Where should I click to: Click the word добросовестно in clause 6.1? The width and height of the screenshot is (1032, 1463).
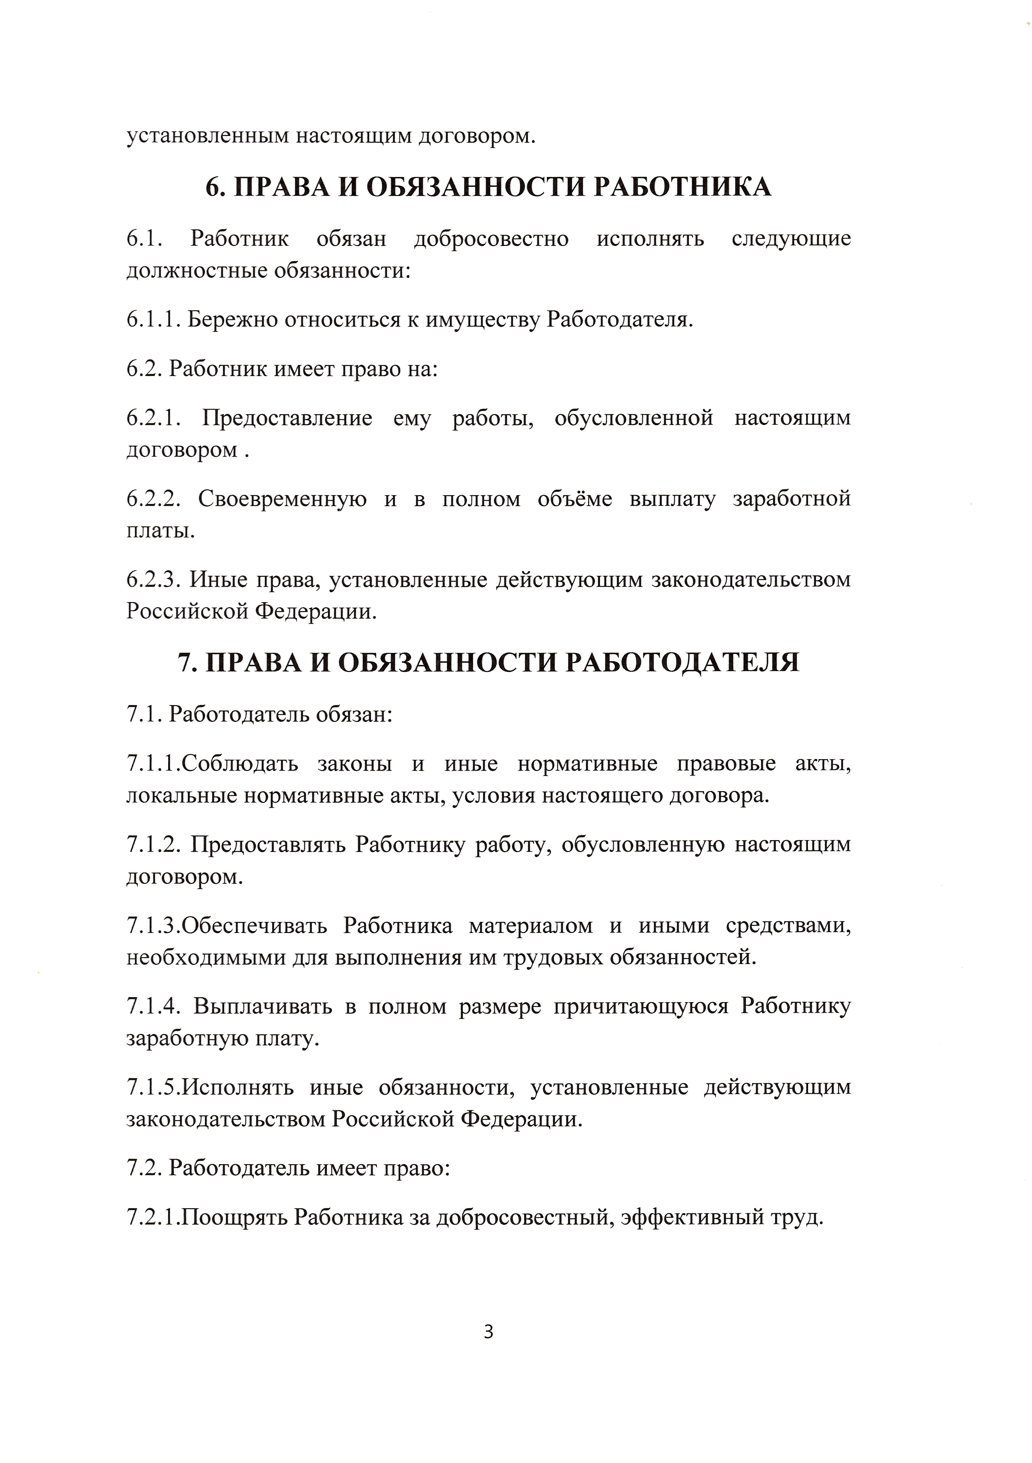tap(491, 238)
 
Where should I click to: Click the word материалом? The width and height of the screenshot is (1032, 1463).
tap(531, 925)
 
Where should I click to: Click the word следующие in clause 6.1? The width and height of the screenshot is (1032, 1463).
tap(791, 238)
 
